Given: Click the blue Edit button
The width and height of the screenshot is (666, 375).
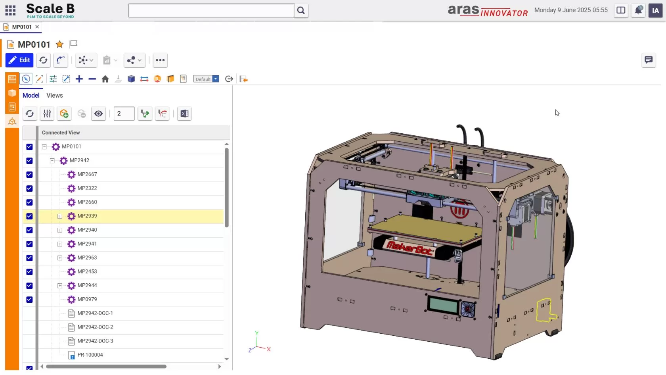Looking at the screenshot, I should pyautogui.click(x=19, y=60).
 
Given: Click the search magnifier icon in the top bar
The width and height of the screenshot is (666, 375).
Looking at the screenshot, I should pyautogui.click(x=301, y=11).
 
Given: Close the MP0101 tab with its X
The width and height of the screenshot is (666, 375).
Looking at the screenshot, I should pyautogui.click(x=37, y=27).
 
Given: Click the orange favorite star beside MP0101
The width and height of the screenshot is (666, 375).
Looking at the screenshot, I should pyautogui.click(x=59, y=44).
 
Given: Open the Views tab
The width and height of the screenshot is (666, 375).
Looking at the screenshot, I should pyautogui.click(x=54, y=96).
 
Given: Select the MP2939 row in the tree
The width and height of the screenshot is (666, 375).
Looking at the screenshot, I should pyautogui.click(x=87, y=216).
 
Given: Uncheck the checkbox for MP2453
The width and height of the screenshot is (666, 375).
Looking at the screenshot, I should pyautogui.click(x=29, y=272).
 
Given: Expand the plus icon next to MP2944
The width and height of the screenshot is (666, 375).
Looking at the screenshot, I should pyautogui.click(x=60, y=286).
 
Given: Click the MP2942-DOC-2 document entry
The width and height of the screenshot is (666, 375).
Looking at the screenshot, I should pyautogui.click(x=95, y=327).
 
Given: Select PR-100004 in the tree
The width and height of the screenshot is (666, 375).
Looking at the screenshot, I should pyautogui.click(x=90, y=355).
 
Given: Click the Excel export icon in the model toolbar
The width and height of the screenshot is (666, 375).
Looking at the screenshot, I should pyautogui.click(x=184, y=114).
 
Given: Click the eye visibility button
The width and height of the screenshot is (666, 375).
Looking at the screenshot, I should pyautogui.click(x=98, y=114).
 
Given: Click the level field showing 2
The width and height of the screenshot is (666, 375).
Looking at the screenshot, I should pyautogui.click(x=124, y=114).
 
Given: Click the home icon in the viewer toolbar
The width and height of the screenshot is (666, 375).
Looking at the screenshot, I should pyautogui.click(x=105, y=79).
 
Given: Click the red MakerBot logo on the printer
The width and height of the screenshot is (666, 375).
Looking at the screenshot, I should pyautogui.click(x=410, y=248).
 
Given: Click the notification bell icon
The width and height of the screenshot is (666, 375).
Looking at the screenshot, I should pyautogui.click(x=638, y=10).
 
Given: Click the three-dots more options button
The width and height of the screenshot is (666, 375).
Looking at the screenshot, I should pyautogui.click(x=160, y=60).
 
